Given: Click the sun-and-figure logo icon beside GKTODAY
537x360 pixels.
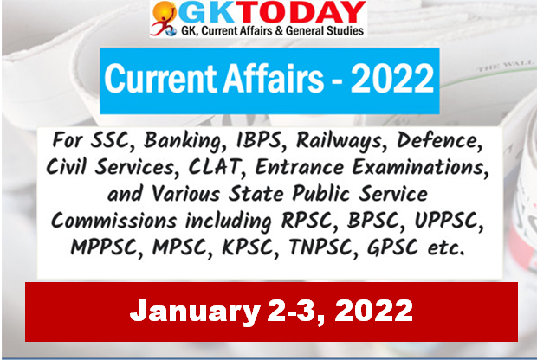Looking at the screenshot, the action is pos(164,18).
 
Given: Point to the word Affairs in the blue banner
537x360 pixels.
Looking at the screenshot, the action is pos(273,79).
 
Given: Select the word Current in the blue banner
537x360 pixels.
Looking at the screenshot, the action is pos(161,79).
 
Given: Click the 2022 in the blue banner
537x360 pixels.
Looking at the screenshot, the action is pos(392,79).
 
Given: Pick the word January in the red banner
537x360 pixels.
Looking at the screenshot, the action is pos(195,312).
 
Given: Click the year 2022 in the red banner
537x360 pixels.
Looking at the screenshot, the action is pos(374,310).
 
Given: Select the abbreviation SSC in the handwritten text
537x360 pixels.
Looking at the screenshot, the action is pos(109,141).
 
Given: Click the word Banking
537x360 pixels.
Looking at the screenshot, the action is pos(184,141).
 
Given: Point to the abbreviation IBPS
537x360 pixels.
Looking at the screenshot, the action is pos(259,141).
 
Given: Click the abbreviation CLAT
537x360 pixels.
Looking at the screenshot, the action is pos(214,167).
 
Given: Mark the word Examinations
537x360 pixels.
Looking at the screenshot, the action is pos(419,167).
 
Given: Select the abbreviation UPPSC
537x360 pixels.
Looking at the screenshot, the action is pos(447,221).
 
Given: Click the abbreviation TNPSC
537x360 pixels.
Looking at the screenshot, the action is pos(320,247).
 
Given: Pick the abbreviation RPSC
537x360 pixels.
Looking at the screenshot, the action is pos(306,221).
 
